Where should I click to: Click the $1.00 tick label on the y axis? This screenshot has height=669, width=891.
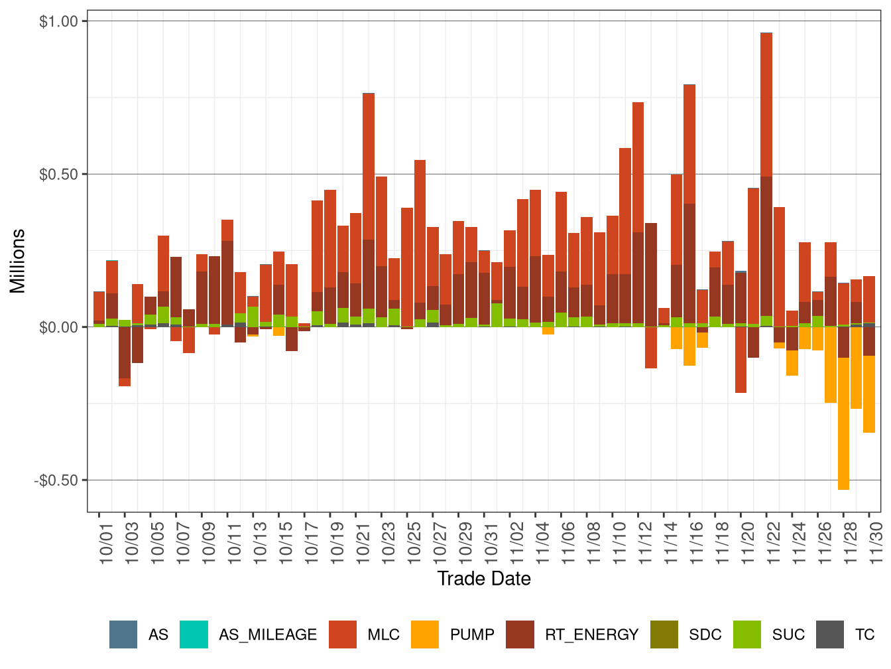pyautogui.click(x=59, y=21)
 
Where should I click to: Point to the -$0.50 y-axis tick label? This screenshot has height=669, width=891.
pyautogui.click(x=56, y=481)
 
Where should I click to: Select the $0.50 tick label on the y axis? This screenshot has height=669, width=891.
pyautogui.click(x=59, y=175)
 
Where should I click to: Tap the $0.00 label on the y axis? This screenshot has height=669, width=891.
pyautogui.click(x=59, y=327)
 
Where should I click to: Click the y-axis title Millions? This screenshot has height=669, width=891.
pyautogui.click(x=17, y=261)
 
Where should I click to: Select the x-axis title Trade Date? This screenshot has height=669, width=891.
pyautogui.click(x=484, y=579)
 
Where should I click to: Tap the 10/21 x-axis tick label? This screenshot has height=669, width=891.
pyautogui.click(x=363, y=541)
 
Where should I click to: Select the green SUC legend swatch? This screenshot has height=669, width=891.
pyautogui.click(x=747, y=634)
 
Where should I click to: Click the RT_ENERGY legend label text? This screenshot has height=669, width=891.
pyautogui.click(x=591, y=635)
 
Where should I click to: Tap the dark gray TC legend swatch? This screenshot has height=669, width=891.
pyautogui.click(x=830, y=634)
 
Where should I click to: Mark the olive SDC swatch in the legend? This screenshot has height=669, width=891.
pyautogui.click(x=664, y=634)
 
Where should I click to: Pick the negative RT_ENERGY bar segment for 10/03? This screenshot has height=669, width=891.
pyautogui.click(x=125, y=352)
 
